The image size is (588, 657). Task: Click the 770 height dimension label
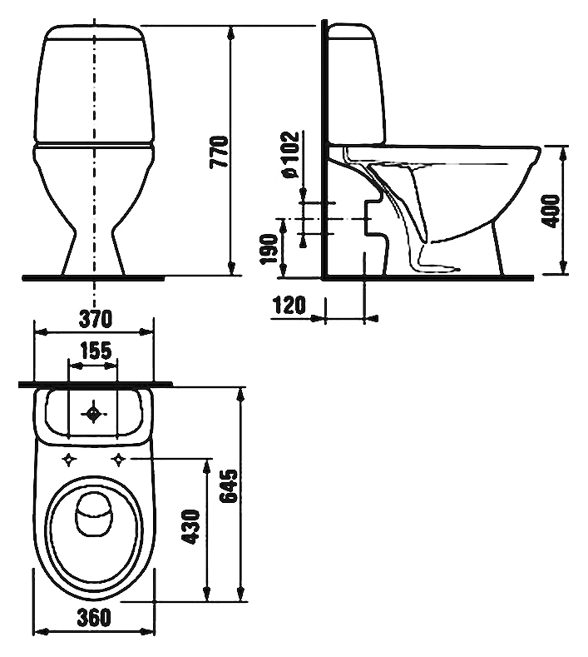tap(220, 152)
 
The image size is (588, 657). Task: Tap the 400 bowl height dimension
tap(552, 212)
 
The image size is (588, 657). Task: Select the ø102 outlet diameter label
tap(291, 155)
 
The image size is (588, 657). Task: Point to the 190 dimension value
tap(269, 249)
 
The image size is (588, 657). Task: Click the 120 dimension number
tap(289, 305)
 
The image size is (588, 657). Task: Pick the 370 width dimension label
tap(96, 319)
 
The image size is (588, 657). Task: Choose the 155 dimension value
tap(96, 351)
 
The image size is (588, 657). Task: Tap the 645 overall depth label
tap(229, 485)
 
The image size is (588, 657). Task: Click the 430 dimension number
tap(191, 527)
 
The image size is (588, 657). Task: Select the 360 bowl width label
tap(94, 617)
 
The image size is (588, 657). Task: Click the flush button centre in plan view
tap(93, 414)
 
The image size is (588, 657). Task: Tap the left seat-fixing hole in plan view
tap(69, 460)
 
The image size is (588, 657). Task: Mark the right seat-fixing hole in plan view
tap(120, 460)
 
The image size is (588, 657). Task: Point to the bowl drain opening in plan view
tap(94, 514)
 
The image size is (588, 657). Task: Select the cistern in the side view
tap(356, 84)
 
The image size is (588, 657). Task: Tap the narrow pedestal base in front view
tap(93, 251)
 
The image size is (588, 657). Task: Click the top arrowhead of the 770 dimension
tap(230, 33)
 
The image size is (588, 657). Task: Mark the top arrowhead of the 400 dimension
tap(563, 153)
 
